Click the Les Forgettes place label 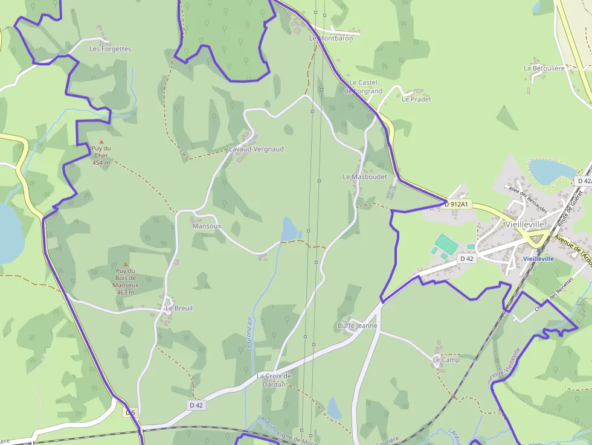tap(110, 49)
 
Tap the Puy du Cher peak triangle tap(101, 141)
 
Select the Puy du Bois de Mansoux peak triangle tap(126, 264)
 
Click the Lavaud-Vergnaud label tap(256, 149)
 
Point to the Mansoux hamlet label tap(207, 226)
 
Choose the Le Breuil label tap(179, 308)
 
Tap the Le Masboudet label tap(364, 177)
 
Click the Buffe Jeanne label tap(357, 325)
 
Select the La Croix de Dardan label tap(274, 379)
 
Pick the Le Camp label tap(446, 360)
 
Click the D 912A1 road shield tap(457, 204)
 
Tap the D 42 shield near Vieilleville tap(467, 258)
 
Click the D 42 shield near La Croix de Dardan tap(196, 405)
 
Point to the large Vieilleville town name tap(524, 224)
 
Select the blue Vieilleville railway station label tap(538, 258)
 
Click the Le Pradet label tap(416, 99)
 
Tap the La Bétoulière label tap(544, 68)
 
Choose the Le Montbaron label tap(330, 38)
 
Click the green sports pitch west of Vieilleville tap(445, 244)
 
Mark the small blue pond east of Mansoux tap(289, 228)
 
